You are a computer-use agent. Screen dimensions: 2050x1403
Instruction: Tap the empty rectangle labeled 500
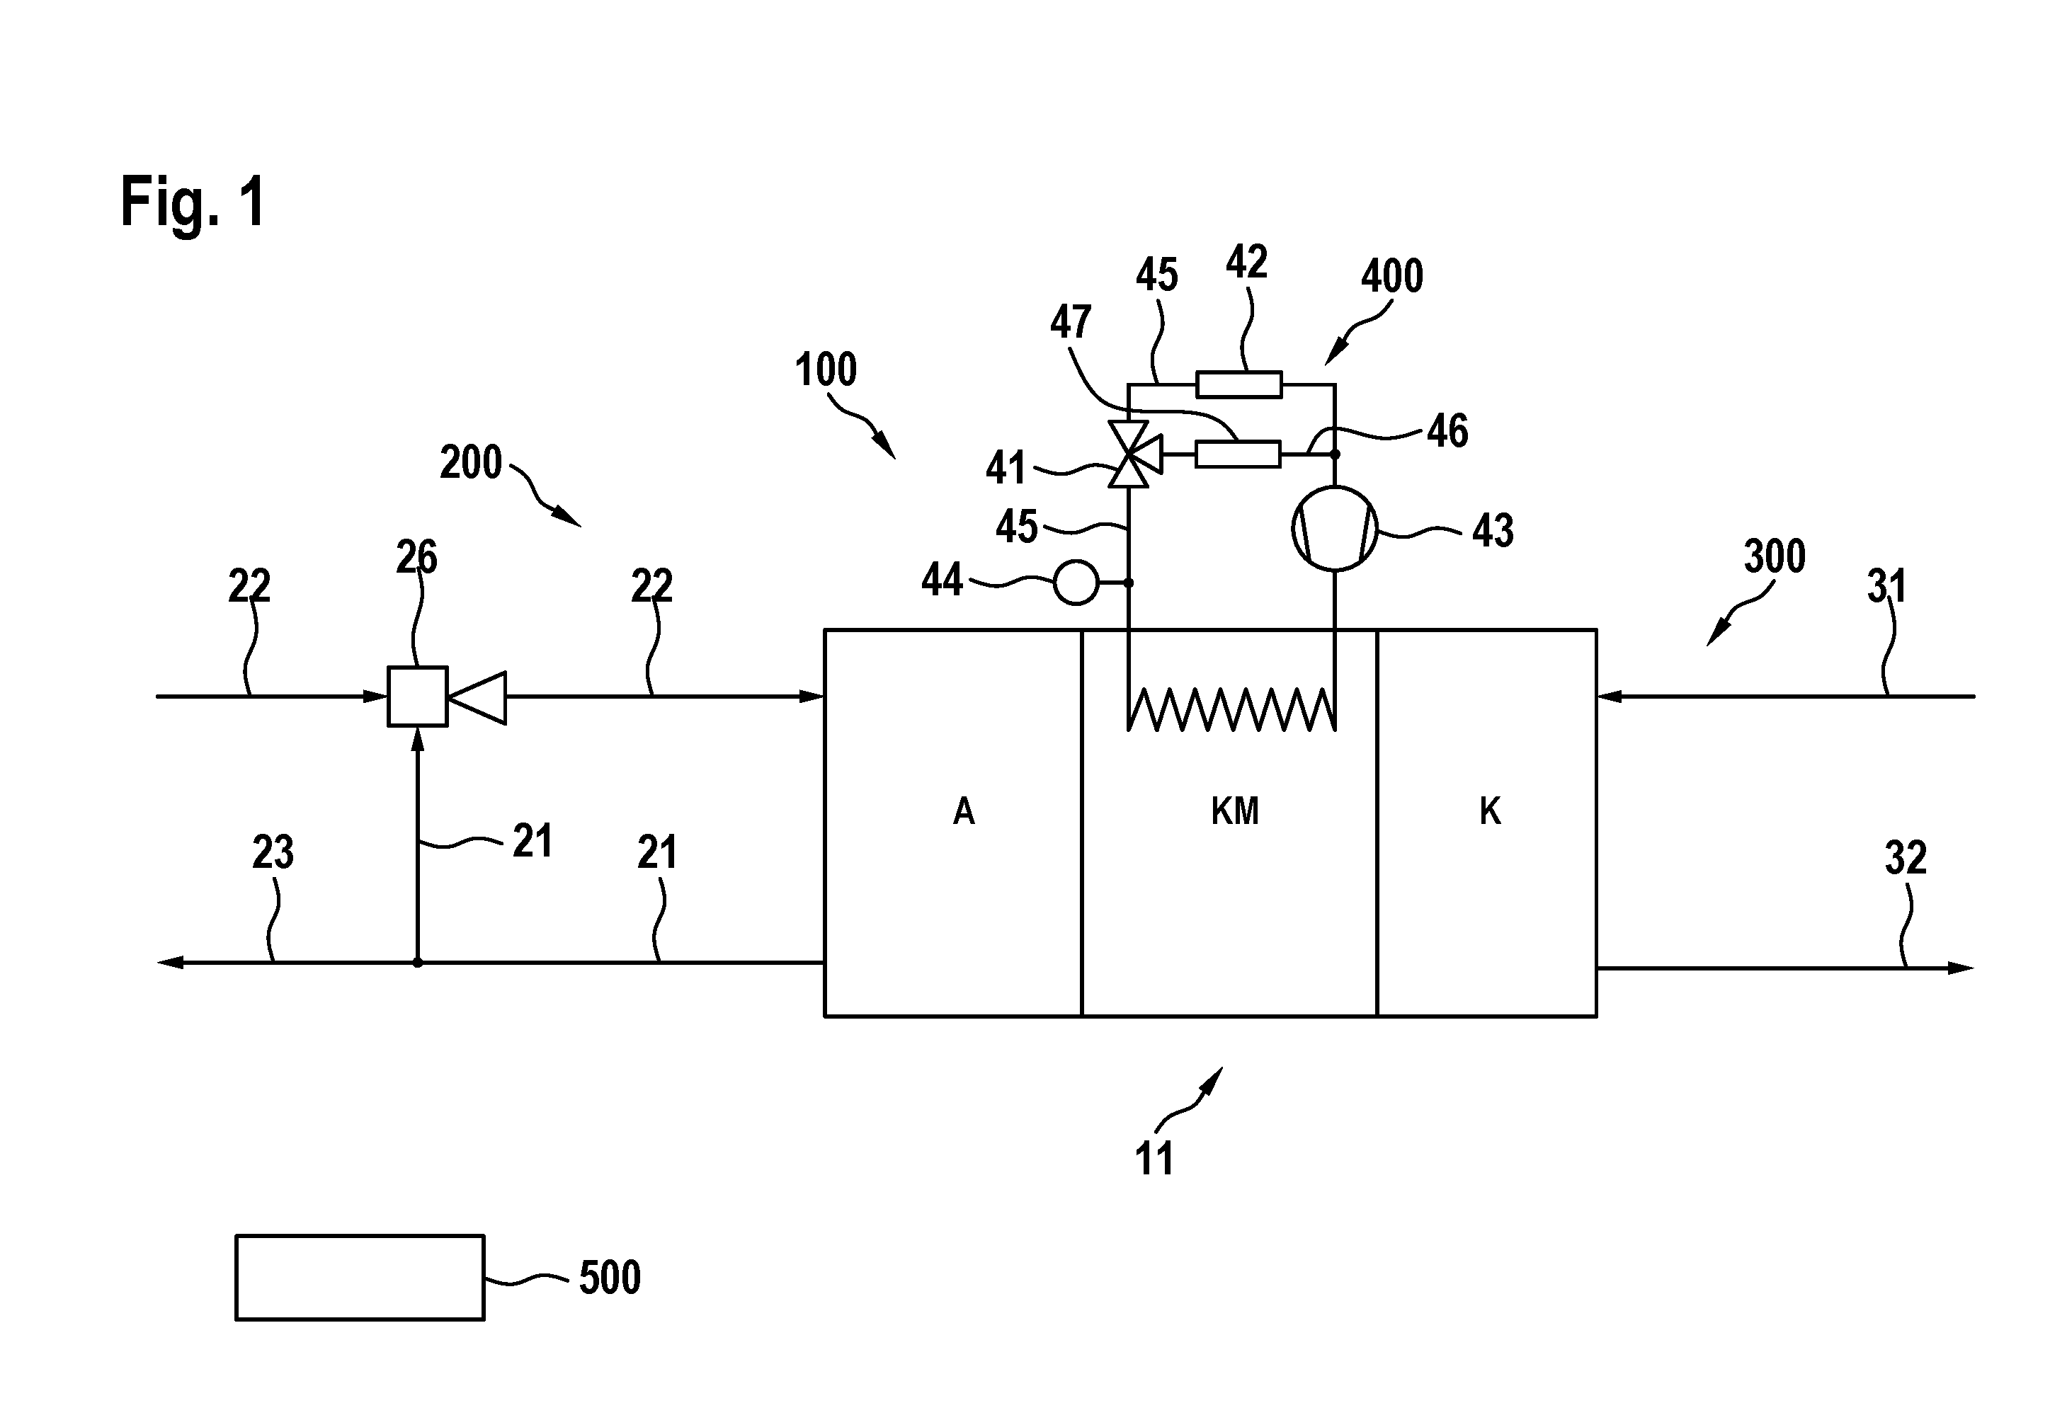pos(360,1277)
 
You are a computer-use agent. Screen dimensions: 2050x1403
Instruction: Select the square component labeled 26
pos(417,697)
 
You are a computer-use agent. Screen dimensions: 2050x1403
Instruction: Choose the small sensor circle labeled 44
pos(1076,583)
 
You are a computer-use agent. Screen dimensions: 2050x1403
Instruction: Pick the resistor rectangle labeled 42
pos(1238,385)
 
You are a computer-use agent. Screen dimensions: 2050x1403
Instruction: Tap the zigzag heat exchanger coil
pos(1231,710)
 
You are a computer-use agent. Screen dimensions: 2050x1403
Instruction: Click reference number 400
pos(1392,276)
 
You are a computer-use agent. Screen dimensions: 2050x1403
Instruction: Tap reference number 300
pos(1775,556)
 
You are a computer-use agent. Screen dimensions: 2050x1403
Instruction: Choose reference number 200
pos(471,462)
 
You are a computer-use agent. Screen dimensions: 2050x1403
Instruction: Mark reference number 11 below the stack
pos(1154,1159)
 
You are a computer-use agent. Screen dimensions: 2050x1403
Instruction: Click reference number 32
pos(1906,858)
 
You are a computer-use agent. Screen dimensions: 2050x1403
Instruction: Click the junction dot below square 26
pos(418,962)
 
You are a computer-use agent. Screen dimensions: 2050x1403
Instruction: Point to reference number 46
pos(1447,431)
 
